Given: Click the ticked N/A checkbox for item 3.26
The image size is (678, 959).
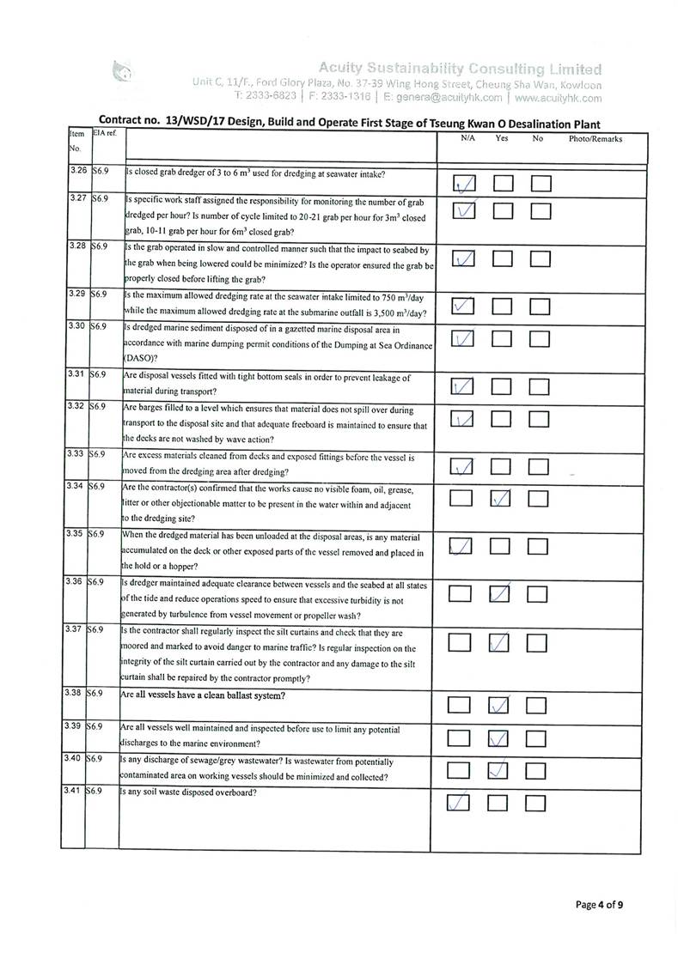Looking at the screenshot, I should click(x=463, y=185).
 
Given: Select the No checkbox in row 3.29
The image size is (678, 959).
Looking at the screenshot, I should click(x=540, y=306).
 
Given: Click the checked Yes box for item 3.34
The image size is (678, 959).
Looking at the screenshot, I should click(x=503, y=499).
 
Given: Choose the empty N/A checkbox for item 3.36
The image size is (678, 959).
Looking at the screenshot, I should click(x=461, y=594).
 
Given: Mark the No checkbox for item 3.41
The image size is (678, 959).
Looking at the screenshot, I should click(x=536, y=804).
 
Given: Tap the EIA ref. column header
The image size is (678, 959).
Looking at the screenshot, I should click(x=107, y=133).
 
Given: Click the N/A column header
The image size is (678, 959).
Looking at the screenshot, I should click(x=468, y=138).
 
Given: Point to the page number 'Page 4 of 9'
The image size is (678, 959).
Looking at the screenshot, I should click(x=599, y=904).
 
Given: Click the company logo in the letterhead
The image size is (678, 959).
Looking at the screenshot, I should click(x=123, y=71).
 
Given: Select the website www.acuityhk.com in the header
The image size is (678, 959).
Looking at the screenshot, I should click(x=559, y=99).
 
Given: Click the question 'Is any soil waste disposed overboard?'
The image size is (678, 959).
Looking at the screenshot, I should click(x=191, y=791).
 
